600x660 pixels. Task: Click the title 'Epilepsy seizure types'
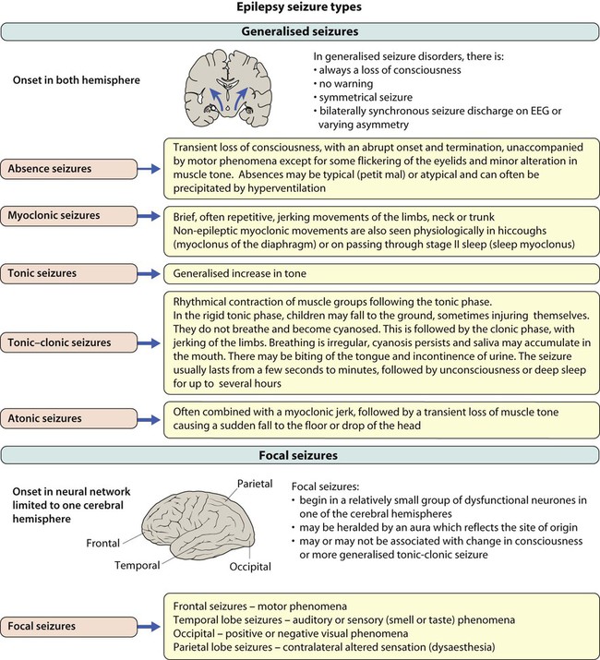(299, 11)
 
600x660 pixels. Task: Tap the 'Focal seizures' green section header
(299, 454)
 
